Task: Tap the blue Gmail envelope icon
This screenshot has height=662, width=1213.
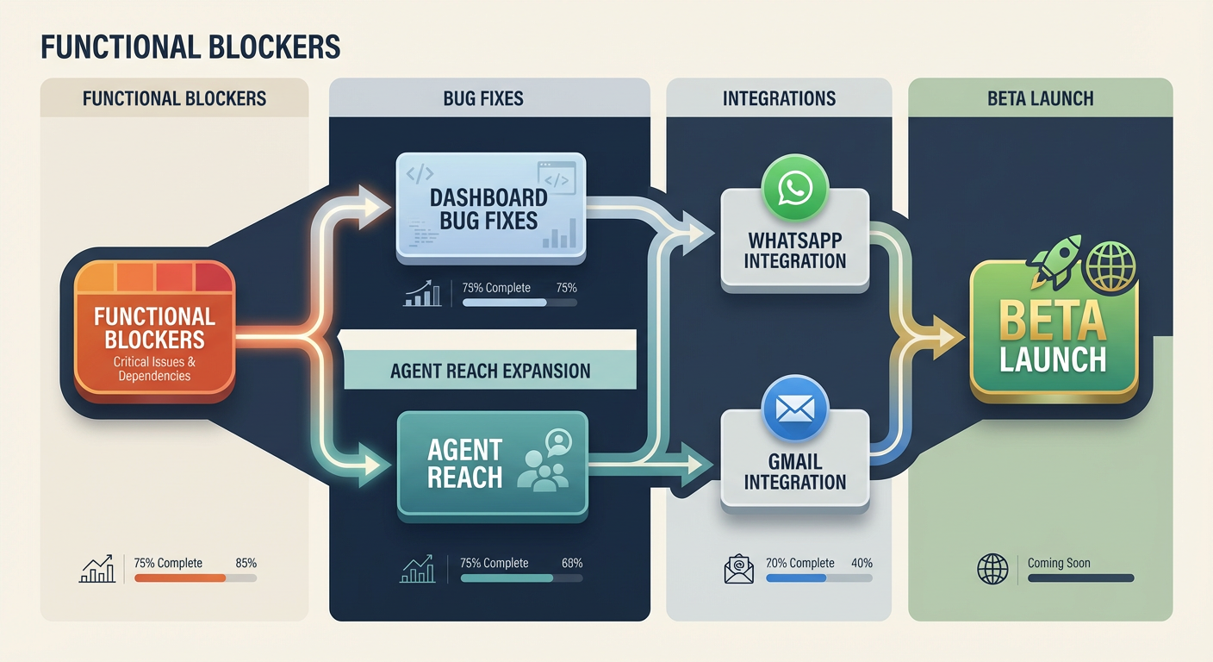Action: pos(794,408)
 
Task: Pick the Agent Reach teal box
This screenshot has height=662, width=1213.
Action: pos(492,464)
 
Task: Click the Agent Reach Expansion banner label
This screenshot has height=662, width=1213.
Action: pos(489,372)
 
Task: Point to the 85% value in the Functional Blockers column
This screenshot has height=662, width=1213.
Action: pos(246,563)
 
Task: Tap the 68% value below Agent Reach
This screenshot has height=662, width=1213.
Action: pos(571,563)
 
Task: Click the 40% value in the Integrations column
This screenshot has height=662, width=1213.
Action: pos(862,563)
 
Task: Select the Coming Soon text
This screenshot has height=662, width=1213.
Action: pos(1058,563)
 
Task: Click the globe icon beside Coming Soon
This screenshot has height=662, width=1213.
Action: pos(992,569)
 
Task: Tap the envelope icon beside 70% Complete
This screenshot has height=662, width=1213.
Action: pos(738,569)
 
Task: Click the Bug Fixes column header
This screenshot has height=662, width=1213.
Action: pos(489,98)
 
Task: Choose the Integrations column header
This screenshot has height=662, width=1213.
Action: pos(779,98)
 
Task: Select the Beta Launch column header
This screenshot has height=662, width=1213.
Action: pos(1040,98)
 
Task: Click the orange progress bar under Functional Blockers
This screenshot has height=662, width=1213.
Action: pos(180,578)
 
